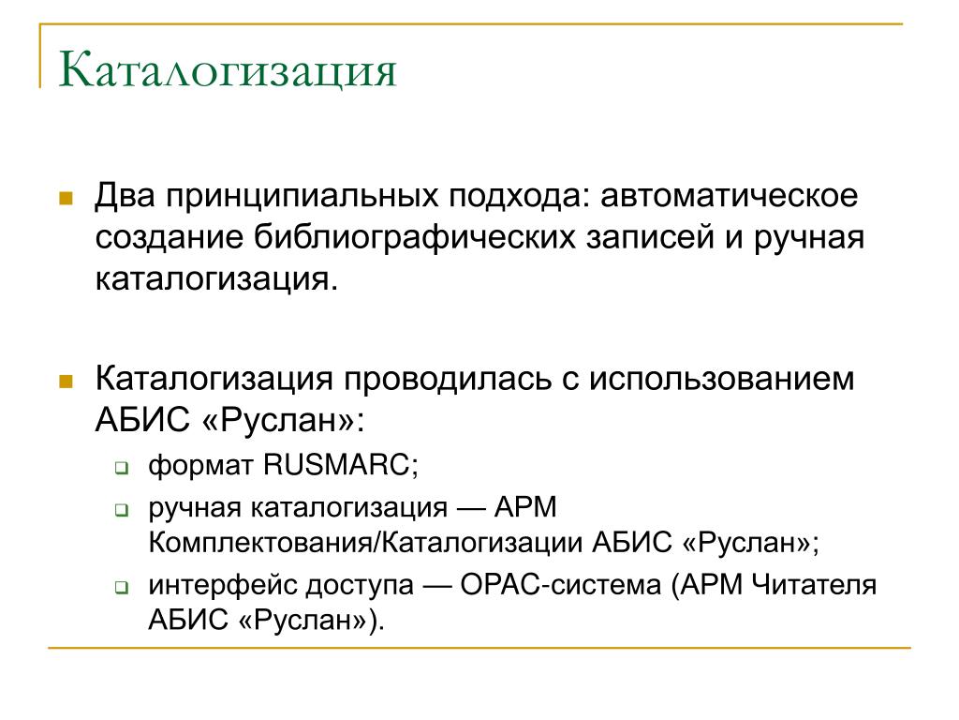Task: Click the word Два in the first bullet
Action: click(125, 195)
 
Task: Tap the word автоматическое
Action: click(729, 196)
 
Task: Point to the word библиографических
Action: click(415, 238)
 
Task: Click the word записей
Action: click(650, 238)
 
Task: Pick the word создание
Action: click(170, 238)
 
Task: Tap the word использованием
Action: click(722, 379)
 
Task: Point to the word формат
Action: click(200, 466)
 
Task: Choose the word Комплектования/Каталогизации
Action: click(365, 543)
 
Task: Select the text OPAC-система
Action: click(561, 585)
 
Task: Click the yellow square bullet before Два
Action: click(66, 198)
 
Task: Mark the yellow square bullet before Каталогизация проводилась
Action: click(66, 382)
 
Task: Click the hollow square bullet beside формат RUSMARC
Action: click(122, 469)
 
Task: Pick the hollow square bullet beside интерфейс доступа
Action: click(122, 588)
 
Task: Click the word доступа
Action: click(360, 586)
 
